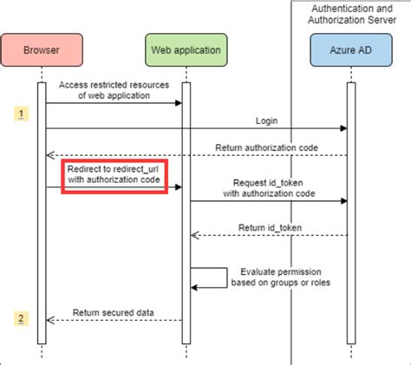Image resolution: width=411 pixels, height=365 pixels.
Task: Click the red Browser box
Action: tap(41, 49)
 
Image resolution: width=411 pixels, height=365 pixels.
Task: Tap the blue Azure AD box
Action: tap(349, 49)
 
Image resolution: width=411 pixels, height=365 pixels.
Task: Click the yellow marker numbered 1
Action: tap(21, 113)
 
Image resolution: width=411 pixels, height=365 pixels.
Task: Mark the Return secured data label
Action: tap(114, 311)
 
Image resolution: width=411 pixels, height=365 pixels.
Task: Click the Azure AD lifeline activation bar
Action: tap(350, 208)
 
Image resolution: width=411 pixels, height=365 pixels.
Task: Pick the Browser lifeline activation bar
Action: tap(41, 208)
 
